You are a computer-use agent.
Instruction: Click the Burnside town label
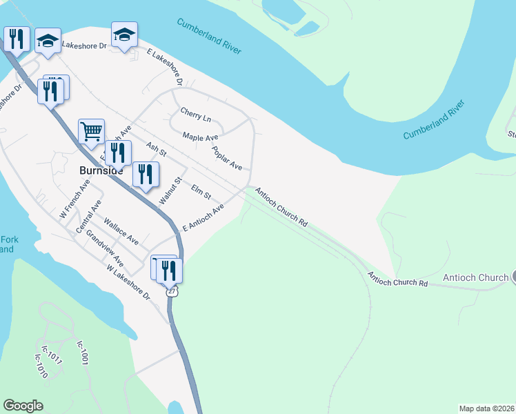(101, 170)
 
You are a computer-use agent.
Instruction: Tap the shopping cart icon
(91, 131)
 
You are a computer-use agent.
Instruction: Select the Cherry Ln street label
(195, 114)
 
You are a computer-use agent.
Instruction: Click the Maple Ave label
(201, 138)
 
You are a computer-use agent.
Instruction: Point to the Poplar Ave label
(227, 158)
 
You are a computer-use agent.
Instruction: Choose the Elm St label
(201, 188)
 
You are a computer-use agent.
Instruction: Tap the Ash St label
(157, 149)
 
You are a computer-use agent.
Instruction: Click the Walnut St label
(170, 190)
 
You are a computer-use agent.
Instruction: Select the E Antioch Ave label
(204, 217)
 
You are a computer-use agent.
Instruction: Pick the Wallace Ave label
(121, 232)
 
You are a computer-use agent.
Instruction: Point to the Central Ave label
(90, 216)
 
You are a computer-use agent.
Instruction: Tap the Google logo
(23, 406)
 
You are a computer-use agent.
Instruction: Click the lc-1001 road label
(83, 353)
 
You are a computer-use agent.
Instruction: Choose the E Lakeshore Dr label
(164, 66)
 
